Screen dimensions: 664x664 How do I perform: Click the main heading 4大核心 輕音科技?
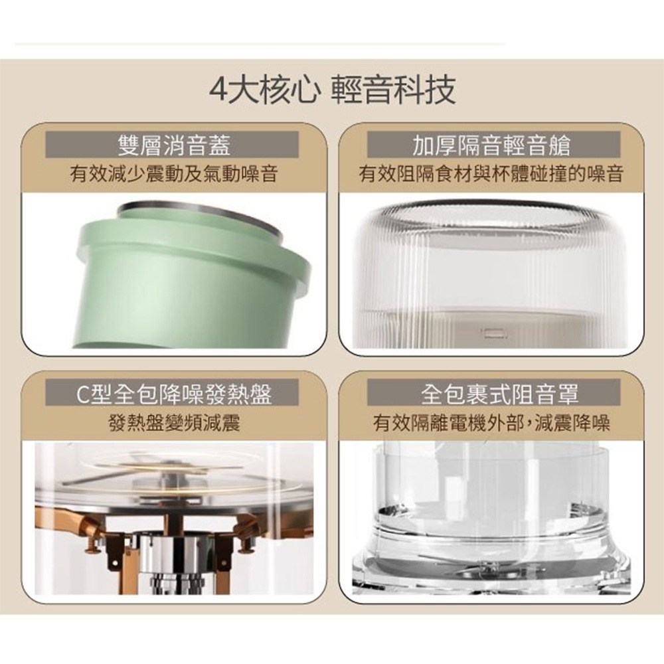(x=333, y=90)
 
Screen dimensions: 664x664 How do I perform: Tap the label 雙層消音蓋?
(x=173, y=145)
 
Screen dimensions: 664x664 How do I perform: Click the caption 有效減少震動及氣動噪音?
(x=173, y=173)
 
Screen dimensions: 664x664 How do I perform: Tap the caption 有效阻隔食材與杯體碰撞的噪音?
(x=491, y=173)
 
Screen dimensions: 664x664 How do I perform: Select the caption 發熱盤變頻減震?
(x=174, y=422)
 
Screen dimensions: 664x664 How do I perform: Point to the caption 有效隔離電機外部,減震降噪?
(x=491, y=422)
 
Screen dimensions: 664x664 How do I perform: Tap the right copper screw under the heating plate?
(x=246, y=546)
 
